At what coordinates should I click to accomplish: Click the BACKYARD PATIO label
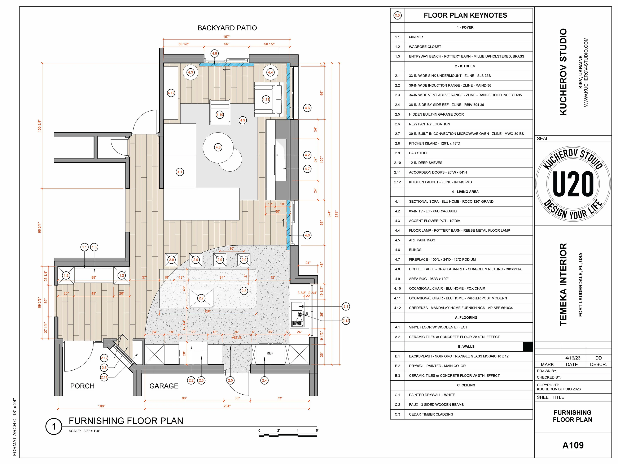(227, 28)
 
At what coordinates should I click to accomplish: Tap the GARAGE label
(164, 386)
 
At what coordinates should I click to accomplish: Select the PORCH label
(82, 386)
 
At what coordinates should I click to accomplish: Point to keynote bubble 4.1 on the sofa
(180, 172)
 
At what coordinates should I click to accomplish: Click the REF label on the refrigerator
(270, 353)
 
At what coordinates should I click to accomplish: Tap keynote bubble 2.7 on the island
(201, 298)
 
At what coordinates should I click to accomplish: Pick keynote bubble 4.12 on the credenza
(171, 93)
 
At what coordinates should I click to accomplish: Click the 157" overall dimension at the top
(227, 37)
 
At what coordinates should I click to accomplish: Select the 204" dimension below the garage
(227, 406)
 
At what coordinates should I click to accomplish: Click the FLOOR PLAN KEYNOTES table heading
(465, 15)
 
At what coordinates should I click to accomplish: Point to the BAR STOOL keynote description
(418, 153)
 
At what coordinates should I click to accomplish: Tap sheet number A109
(573, 445)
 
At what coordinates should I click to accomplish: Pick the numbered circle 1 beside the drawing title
(54, 426)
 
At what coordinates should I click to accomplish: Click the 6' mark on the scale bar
(317, 430)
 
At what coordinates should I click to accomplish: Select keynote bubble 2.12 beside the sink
(346, 321)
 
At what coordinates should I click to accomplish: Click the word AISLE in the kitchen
(237, 338)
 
